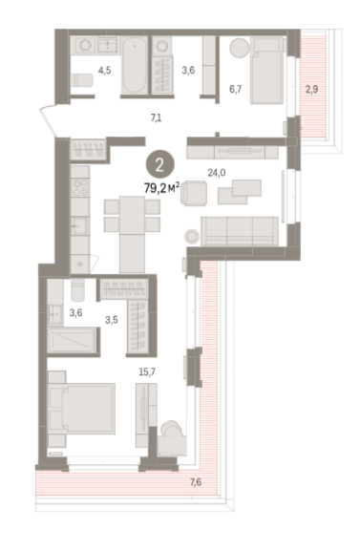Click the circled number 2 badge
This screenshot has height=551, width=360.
(160, 164)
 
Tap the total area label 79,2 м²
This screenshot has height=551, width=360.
(162, 188)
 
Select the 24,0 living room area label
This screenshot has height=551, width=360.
(217, 173)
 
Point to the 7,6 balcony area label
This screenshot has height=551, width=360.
(196, 482)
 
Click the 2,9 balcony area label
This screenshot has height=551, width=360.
(312, 89)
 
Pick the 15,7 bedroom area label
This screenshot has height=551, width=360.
(147, 371)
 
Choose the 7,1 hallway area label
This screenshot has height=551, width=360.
(156, 118)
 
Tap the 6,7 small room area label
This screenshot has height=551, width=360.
(236, 89)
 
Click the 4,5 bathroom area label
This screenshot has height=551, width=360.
(104, 71)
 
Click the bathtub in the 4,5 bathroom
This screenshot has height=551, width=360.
(135, 65)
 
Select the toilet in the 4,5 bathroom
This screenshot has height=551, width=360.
(81, 80)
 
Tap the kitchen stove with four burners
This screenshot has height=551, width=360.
(80, 187)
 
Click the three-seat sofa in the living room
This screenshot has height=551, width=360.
(240, 231)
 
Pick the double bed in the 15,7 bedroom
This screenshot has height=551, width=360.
(81, 409)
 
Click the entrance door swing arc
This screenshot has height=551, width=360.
(48, 120)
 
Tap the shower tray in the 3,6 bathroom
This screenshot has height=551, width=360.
(72, 340)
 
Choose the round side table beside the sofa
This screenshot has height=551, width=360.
(192, 236)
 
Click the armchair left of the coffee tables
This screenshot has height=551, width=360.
(193, 193)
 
